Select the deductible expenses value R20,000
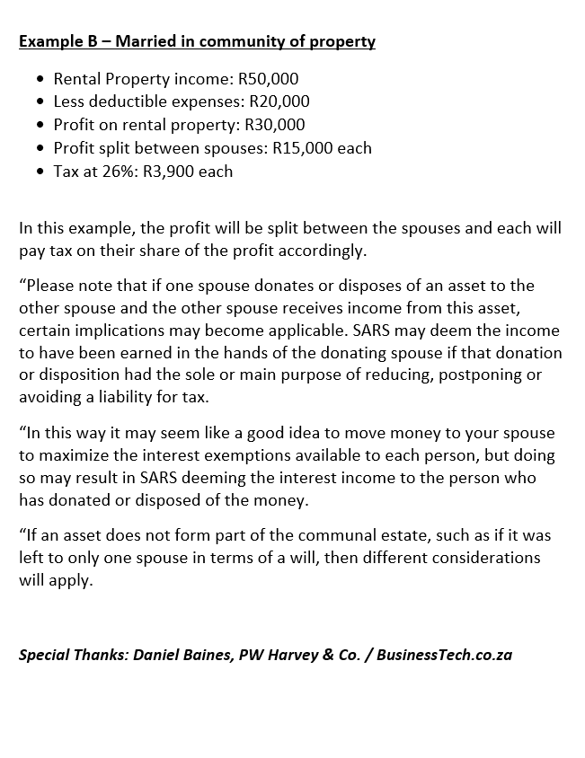pos(279,102)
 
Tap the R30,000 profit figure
pos(275,125)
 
